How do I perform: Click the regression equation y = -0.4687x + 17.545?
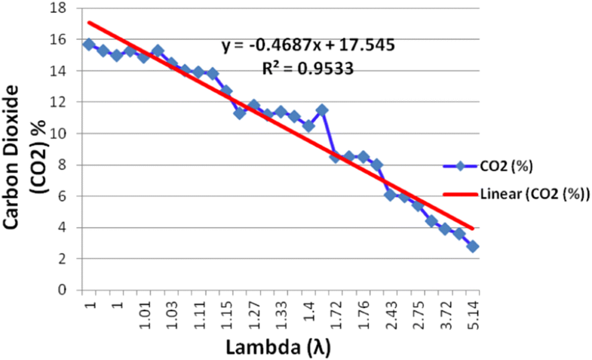point(308,45)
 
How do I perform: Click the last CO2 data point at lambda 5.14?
point(472,246)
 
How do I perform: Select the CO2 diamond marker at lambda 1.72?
point(336,157)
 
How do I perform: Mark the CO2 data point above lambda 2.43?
point(390,195)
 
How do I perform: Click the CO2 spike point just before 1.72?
point(322,110)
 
